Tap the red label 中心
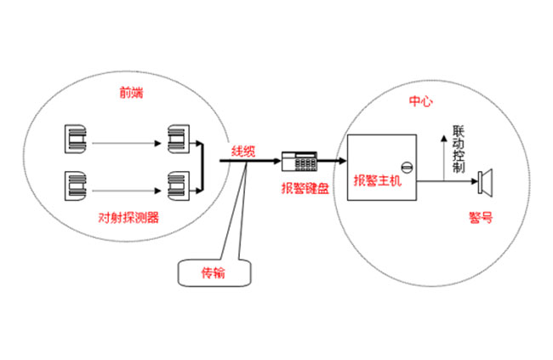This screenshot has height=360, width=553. point(421,101)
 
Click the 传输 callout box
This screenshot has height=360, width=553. point(214,272)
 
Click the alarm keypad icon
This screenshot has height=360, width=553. point(299,158)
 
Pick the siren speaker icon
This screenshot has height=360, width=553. point(486,180)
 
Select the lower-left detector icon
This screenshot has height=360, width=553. point(74,182)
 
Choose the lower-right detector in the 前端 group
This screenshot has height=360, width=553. point(178,182)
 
